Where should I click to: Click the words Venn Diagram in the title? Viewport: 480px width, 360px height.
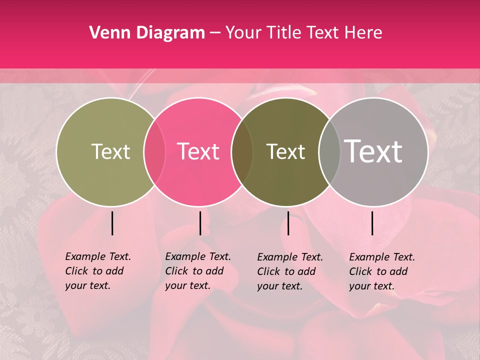(x=147, y=33)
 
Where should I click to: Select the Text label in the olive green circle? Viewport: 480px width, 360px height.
(x=110, y=151)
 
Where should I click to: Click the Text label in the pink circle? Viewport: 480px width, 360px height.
(x=198, y=151)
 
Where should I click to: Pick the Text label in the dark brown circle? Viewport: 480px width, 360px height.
(x=285, y=151)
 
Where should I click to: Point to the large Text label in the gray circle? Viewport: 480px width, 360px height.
(x=373, y=151)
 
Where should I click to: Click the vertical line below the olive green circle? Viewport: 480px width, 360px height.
(x=112, y=223)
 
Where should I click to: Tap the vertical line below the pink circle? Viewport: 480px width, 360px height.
(x=200, y=223)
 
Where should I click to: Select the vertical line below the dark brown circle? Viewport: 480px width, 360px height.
(x=288, y=223)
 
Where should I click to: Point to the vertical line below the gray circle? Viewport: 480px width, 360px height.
(x=372, y=223)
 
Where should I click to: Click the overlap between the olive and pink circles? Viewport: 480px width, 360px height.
(x=154, y=152)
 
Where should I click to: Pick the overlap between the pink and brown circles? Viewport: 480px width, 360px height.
(x=242, y=152)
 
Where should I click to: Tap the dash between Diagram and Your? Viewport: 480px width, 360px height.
(x=215, y=33)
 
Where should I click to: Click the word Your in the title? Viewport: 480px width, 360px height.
(x=243, y=33)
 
